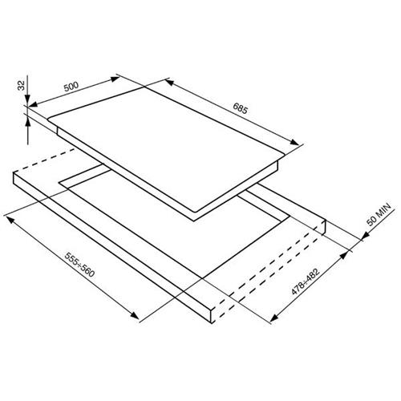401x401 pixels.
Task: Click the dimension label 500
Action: [x=71, y=87]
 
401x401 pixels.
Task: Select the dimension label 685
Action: [x=241, y=108]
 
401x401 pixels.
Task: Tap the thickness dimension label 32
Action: [x=21, y=86]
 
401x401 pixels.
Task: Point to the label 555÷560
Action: [x=79, y=265]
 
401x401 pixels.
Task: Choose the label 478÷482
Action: [x=306, y=282]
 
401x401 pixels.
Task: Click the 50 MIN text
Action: [x=379, y=215]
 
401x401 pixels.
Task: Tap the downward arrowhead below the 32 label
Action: [x=27, y=99]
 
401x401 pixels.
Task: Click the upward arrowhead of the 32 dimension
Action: [x=28, y=124]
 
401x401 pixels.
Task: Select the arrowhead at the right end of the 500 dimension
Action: [x=115, y=79]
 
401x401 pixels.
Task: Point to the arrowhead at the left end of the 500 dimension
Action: [x=33, y=104]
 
